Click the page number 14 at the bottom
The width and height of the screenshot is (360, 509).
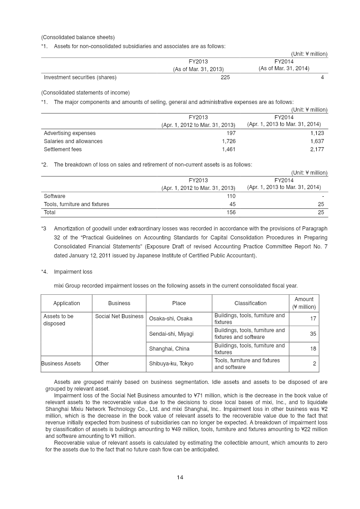coord(180,477)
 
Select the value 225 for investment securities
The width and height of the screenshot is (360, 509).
coord(225,77)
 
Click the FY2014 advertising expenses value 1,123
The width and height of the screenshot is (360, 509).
coord(316,133)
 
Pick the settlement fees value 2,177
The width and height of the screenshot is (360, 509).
coord(316,149)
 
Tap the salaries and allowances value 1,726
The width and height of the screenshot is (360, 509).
coord(228,141)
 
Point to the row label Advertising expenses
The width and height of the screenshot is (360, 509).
coord(70,133)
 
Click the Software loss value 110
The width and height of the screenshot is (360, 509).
coord(230,196)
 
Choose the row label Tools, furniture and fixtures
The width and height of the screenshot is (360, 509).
coord(76,204)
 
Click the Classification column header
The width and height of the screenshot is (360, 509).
coord(250,303)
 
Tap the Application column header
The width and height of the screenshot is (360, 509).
coord(67,303)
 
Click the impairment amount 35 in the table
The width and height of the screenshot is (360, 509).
coord(313,334)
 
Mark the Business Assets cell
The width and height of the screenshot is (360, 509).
coord(61,364)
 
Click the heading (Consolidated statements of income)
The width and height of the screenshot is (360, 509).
coord(85,93)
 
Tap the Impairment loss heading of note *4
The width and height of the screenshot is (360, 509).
coord(73,272)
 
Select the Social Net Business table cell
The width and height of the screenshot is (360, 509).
coord(119,316)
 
